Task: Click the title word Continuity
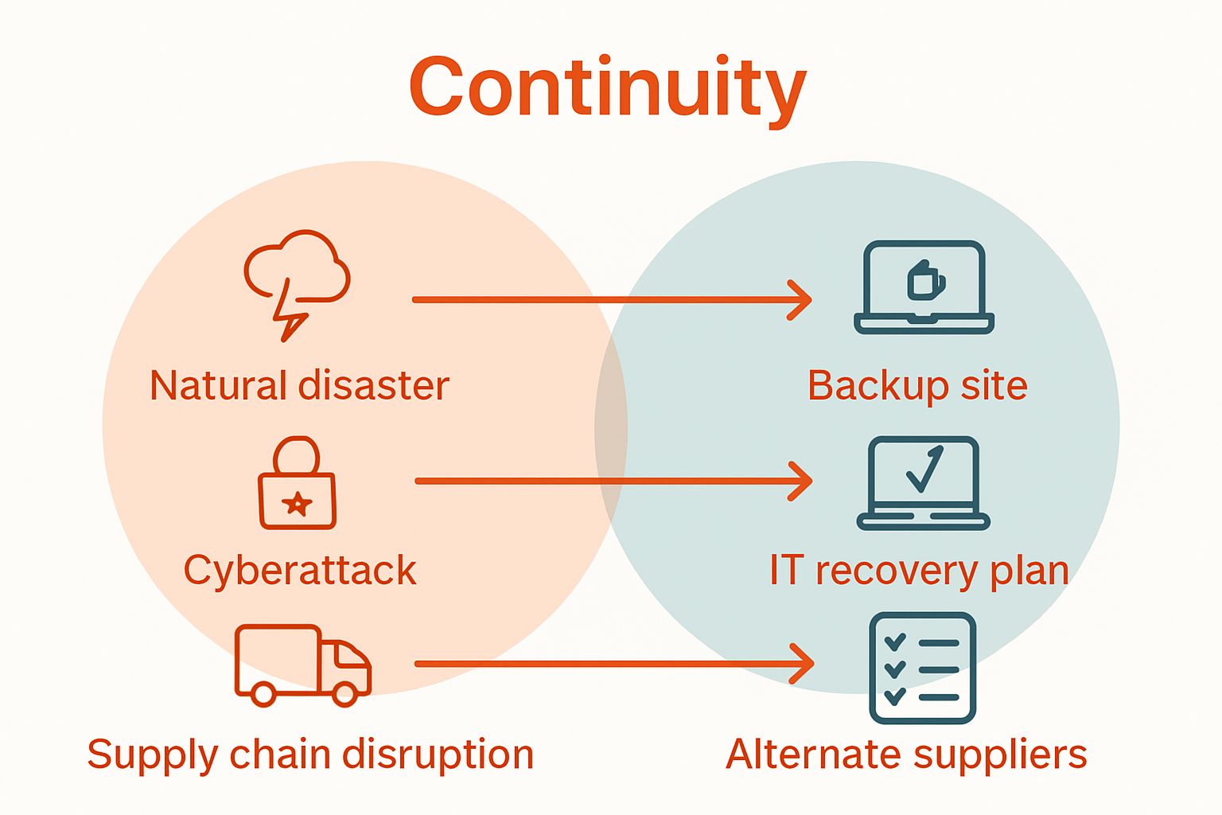pyautogui.click(x=608, y=88)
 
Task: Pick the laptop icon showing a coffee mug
pyautogui.click(x=924, y=287)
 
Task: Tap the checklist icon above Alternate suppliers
pyautogui.click(x=922, y=668)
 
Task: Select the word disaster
pyautogui.click(x=374, y=386)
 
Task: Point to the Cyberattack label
pyautogui.click(x=300, y=571)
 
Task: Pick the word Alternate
pyautogui.click(x=811, y=754)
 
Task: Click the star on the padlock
pyautogui.click(x=298, y=503)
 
